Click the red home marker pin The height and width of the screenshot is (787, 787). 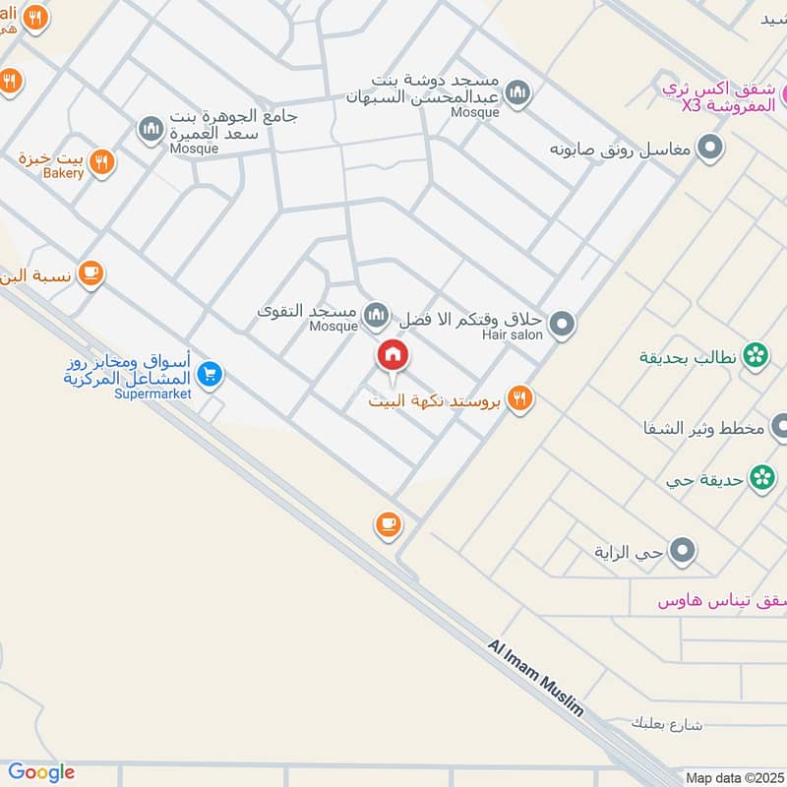coord(393,355)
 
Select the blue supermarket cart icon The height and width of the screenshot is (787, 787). coord(209,374)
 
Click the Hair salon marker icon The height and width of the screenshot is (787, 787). coord(562,323)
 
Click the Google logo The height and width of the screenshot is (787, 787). coord(41,772)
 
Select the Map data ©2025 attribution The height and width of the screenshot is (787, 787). coord(734,777)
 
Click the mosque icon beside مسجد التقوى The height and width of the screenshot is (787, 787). coord(375,315)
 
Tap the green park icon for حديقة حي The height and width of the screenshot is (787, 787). coord(760,478)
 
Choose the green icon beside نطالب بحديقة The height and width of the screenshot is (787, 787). coord(755,355)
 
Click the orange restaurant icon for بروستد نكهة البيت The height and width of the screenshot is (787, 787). coord(520,398)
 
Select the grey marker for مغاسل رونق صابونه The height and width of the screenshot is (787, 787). coord(709,150)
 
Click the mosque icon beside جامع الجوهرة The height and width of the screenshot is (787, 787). coord(150,129)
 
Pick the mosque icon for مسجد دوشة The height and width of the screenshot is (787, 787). coord(518,94)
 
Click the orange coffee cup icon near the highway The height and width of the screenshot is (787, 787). coord(388,523)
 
